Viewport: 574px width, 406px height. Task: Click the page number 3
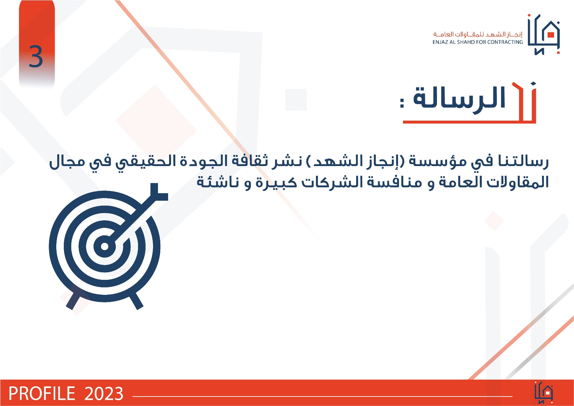coord(36,57)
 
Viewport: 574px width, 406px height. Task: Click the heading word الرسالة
coord(459,98)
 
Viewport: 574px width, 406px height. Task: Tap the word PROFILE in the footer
coord(42,394)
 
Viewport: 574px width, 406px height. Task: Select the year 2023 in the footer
coord(104,394)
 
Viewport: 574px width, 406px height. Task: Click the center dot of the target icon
coord(105,246)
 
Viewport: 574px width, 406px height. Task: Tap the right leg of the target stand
coord(136,300)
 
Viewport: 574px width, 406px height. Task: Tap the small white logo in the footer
coord(544,393)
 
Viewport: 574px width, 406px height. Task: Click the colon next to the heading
coord(402,102)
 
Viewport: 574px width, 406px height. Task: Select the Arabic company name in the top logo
coord(478,34)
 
